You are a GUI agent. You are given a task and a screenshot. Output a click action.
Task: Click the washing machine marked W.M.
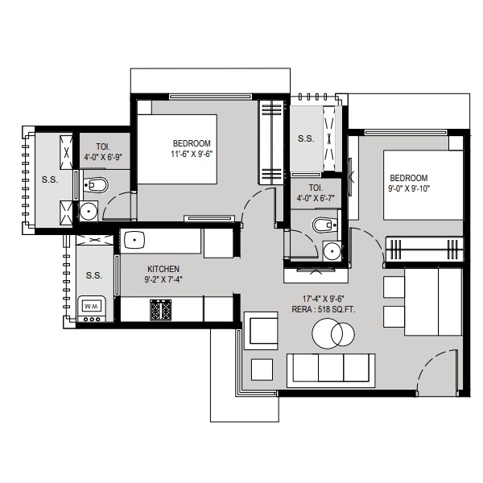[92, 309]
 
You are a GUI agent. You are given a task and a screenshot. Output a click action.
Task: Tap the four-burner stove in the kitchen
[160, 310]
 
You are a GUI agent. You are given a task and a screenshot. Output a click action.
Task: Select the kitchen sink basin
[134, 240]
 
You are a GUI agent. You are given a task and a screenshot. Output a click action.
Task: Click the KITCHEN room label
[163, 269]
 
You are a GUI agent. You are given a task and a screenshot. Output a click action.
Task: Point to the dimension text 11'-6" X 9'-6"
[192, 154]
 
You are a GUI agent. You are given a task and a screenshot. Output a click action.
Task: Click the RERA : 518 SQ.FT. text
[323, 309]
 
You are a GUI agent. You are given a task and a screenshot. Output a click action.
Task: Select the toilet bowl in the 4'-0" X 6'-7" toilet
[324, 225]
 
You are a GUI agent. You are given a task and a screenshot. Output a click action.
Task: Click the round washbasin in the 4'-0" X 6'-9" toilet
[89, 211]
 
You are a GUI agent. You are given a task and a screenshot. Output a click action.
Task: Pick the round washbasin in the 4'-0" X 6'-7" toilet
[332, 250]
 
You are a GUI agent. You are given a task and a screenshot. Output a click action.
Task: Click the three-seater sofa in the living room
[331, 370]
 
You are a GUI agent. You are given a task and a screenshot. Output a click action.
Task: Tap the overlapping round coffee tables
[333, 333]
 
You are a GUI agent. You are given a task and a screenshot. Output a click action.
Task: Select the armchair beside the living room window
[261, 331]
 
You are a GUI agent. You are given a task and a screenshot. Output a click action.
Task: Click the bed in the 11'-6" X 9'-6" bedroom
[177, 149]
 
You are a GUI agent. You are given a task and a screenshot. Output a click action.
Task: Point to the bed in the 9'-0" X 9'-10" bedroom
[423, 185]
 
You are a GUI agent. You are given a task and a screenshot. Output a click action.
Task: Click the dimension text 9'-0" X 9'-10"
[409, 188]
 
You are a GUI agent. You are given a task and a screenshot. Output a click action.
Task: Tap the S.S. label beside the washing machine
[94, 275]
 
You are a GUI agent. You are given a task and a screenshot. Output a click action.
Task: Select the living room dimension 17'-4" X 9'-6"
[323, 299]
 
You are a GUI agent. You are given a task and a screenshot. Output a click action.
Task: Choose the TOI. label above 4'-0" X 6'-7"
[316, 188]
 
